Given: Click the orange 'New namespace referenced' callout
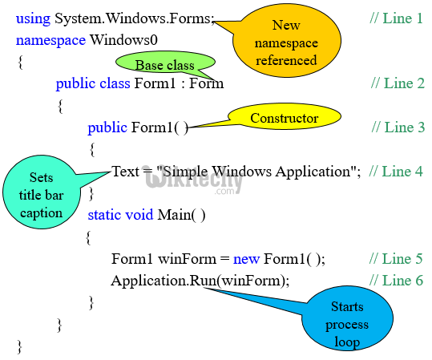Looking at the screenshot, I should (286, 42).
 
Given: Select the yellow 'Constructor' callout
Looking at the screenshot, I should (284, 119).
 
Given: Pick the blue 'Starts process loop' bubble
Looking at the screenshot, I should (347, 324).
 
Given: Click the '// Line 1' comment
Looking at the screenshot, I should (396, 18).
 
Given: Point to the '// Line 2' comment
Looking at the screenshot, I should (398, 83).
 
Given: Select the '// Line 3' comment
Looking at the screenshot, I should (398, 127).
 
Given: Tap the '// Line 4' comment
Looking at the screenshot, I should (396, 171).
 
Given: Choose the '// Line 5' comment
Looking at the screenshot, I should (396, 258).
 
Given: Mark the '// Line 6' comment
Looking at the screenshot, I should (396, 281).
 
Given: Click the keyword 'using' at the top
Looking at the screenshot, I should (33, 18).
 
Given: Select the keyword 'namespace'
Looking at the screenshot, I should (50, 39).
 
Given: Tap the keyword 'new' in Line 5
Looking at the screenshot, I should (245, 258).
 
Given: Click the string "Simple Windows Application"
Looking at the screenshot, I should (257, 171).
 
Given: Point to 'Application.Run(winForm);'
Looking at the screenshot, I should (200, 281).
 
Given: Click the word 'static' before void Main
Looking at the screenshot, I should (106, 215).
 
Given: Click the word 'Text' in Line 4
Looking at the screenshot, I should (125, 171).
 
